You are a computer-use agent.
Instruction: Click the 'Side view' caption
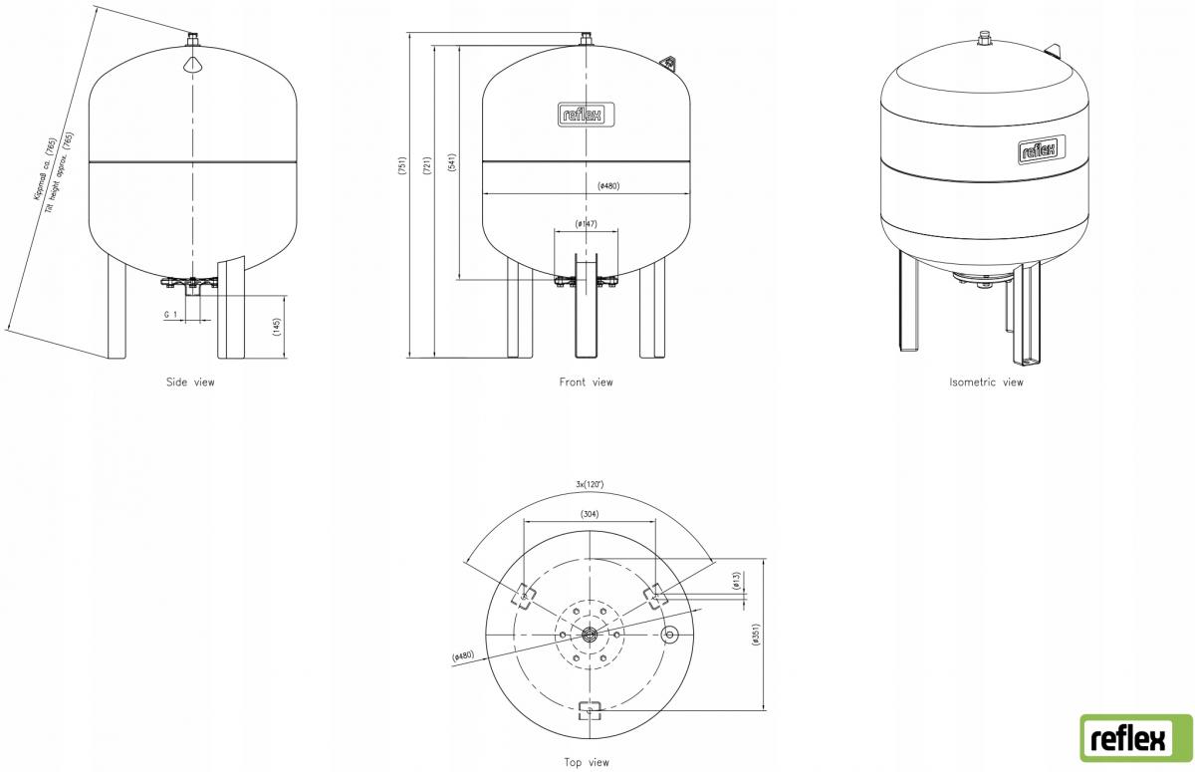click(x=189, y=382)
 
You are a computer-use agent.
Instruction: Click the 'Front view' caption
click(x=586, y=382)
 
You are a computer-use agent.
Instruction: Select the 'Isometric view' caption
click(x=985, y=382)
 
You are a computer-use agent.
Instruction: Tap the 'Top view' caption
click(x=586, y=762)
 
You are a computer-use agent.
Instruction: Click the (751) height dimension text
click(x=402, y=166)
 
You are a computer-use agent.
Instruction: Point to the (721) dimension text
click(x=426, y=166)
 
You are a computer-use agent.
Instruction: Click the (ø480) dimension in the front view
click(x=609, y=186)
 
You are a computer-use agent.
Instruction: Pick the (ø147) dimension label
click(x=586, y=224)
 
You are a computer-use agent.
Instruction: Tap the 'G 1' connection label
click(x=170, y=314)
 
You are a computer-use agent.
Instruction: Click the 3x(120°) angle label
click(x=590, y=484)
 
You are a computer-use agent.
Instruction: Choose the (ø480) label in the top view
click(x=463, y=656)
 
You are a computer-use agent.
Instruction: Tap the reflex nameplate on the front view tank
click(x=586, y=116)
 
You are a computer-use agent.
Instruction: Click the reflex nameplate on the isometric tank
click(x=1041, y=150)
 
